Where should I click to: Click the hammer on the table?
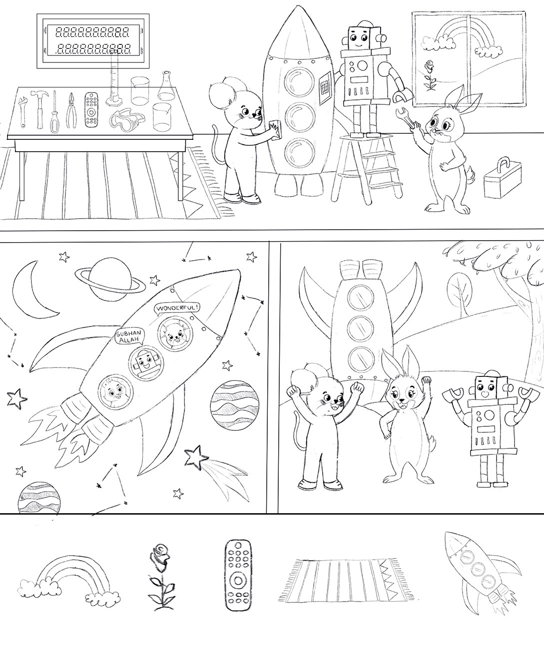(x=40, y=109)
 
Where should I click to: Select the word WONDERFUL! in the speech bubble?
(x=178, y=308)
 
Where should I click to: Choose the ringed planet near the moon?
(x=110, y=279)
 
